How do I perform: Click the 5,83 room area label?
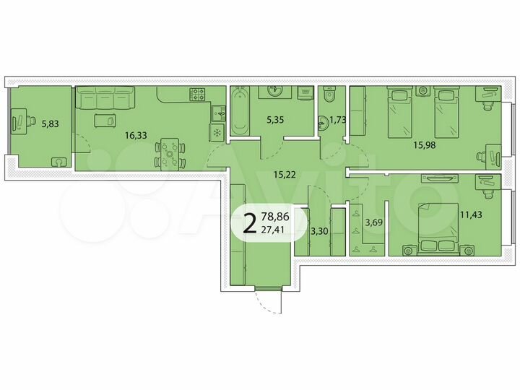coord(50,123)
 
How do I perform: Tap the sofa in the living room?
coord(105,96)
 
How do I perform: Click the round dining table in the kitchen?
coord(171,152)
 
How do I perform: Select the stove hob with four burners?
coord(198,94)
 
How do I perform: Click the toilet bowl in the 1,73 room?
coord(331,95)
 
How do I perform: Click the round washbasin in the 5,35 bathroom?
coord(274,91)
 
